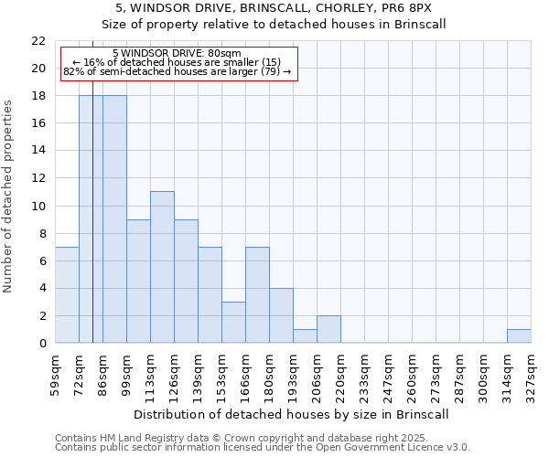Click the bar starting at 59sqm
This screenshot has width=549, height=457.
(x=67, y=294)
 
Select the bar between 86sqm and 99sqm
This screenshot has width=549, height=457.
(x=114, y=219)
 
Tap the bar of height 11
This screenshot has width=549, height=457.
(x=162, y=267)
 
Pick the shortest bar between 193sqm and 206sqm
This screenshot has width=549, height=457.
(x=305, y=335)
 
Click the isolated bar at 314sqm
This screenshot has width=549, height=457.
(x=519, y=335)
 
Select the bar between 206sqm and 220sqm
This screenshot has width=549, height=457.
(x=328, y=329)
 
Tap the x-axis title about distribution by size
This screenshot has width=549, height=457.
(x=293, y=414)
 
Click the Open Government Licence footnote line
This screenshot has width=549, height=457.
(x=263, y=448)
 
